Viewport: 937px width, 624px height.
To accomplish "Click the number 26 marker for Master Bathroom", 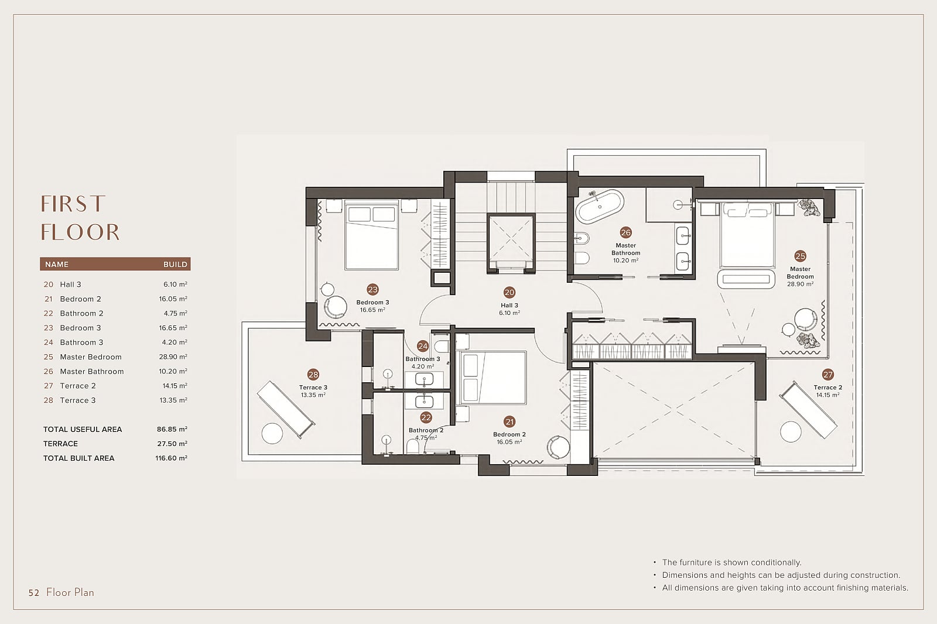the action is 625,232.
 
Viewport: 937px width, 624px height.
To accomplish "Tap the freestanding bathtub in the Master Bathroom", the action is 600,207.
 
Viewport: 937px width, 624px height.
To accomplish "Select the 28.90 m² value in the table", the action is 173,356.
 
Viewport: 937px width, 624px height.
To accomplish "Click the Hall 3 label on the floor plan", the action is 509,306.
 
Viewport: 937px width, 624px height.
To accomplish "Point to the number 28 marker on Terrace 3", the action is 313,374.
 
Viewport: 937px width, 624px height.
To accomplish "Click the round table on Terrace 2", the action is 791,431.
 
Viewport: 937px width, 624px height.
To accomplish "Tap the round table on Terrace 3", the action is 272,433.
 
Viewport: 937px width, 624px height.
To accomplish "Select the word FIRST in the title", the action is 73,204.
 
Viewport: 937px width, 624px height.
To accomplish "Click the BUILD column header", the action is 175,265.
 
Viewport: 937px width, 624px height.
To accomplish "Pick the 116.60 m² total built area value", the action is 171,458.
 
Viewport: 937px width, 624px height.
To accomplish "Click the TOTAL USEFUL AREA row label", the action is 83,429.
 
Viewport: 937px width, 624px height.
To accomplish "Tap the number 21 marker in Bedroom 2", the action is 509,421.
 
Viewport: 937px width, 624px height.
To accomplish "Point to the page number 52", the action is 34,592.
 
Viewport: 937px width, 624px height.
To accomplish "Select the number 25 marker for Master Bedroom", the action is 800,256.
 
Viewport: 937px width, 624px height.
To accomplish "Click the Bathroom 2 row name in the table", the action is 81,313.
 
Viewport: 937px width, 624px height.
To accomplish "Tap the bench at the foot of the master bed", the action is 746,279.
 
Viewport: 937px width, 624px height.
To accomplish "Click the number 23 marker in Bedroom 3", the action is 372,289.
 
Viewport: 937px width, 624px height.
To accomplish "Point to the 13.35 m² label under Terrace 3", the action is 313,395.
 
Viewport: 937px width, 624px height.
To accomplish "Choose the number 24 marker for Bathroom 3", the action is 422,346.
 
